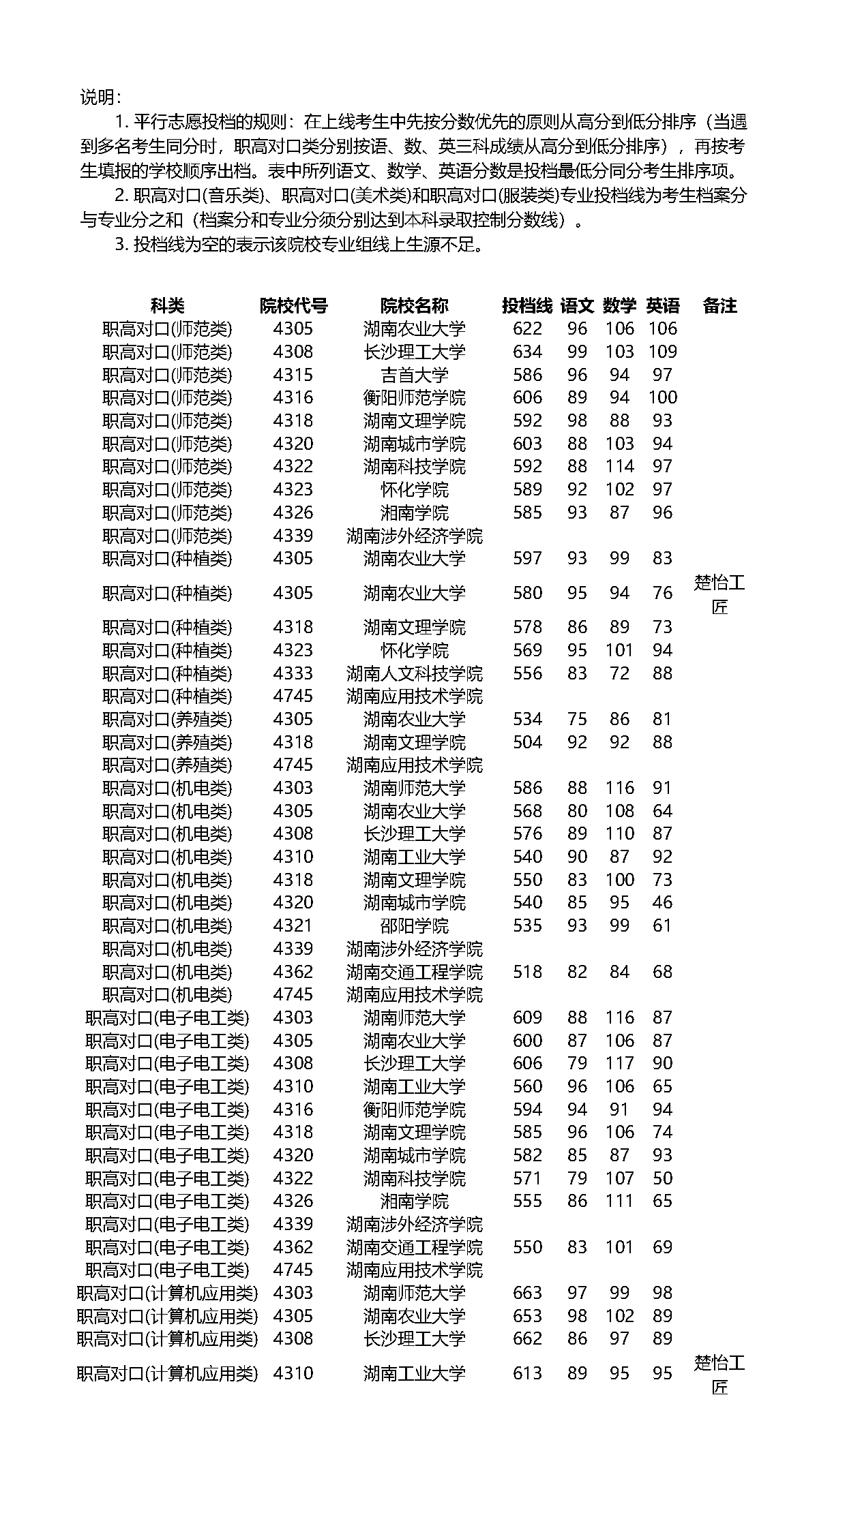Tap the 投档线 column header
tap(526, 305)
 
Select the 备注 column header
tap(719, 305)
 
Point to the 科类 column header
tap(167, 305)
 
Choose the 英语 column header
tap(662, 305)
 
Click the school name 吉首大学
tap(414, 375)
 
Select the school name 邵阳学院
tap(414, 925)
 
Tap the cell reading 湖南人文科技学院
tap(414, 673)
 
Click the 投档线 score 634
tap(527, 352)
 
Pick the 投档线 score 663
tap(527, 1293)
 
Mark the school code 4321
tap(293, 925)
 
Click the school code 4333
tap(293, 673)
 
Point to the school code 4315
tap(293, 375)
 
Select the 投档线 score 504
tap(527, 742)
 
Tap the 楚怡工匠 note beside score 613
tap(719, 1375)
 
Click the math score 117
tap(619, 1063)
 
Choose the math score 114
tap(619, 467)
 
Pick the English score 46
tap(662, 902)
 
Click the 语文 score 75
tap(577, 719)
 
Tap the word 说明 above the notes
tap(100, 97)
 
